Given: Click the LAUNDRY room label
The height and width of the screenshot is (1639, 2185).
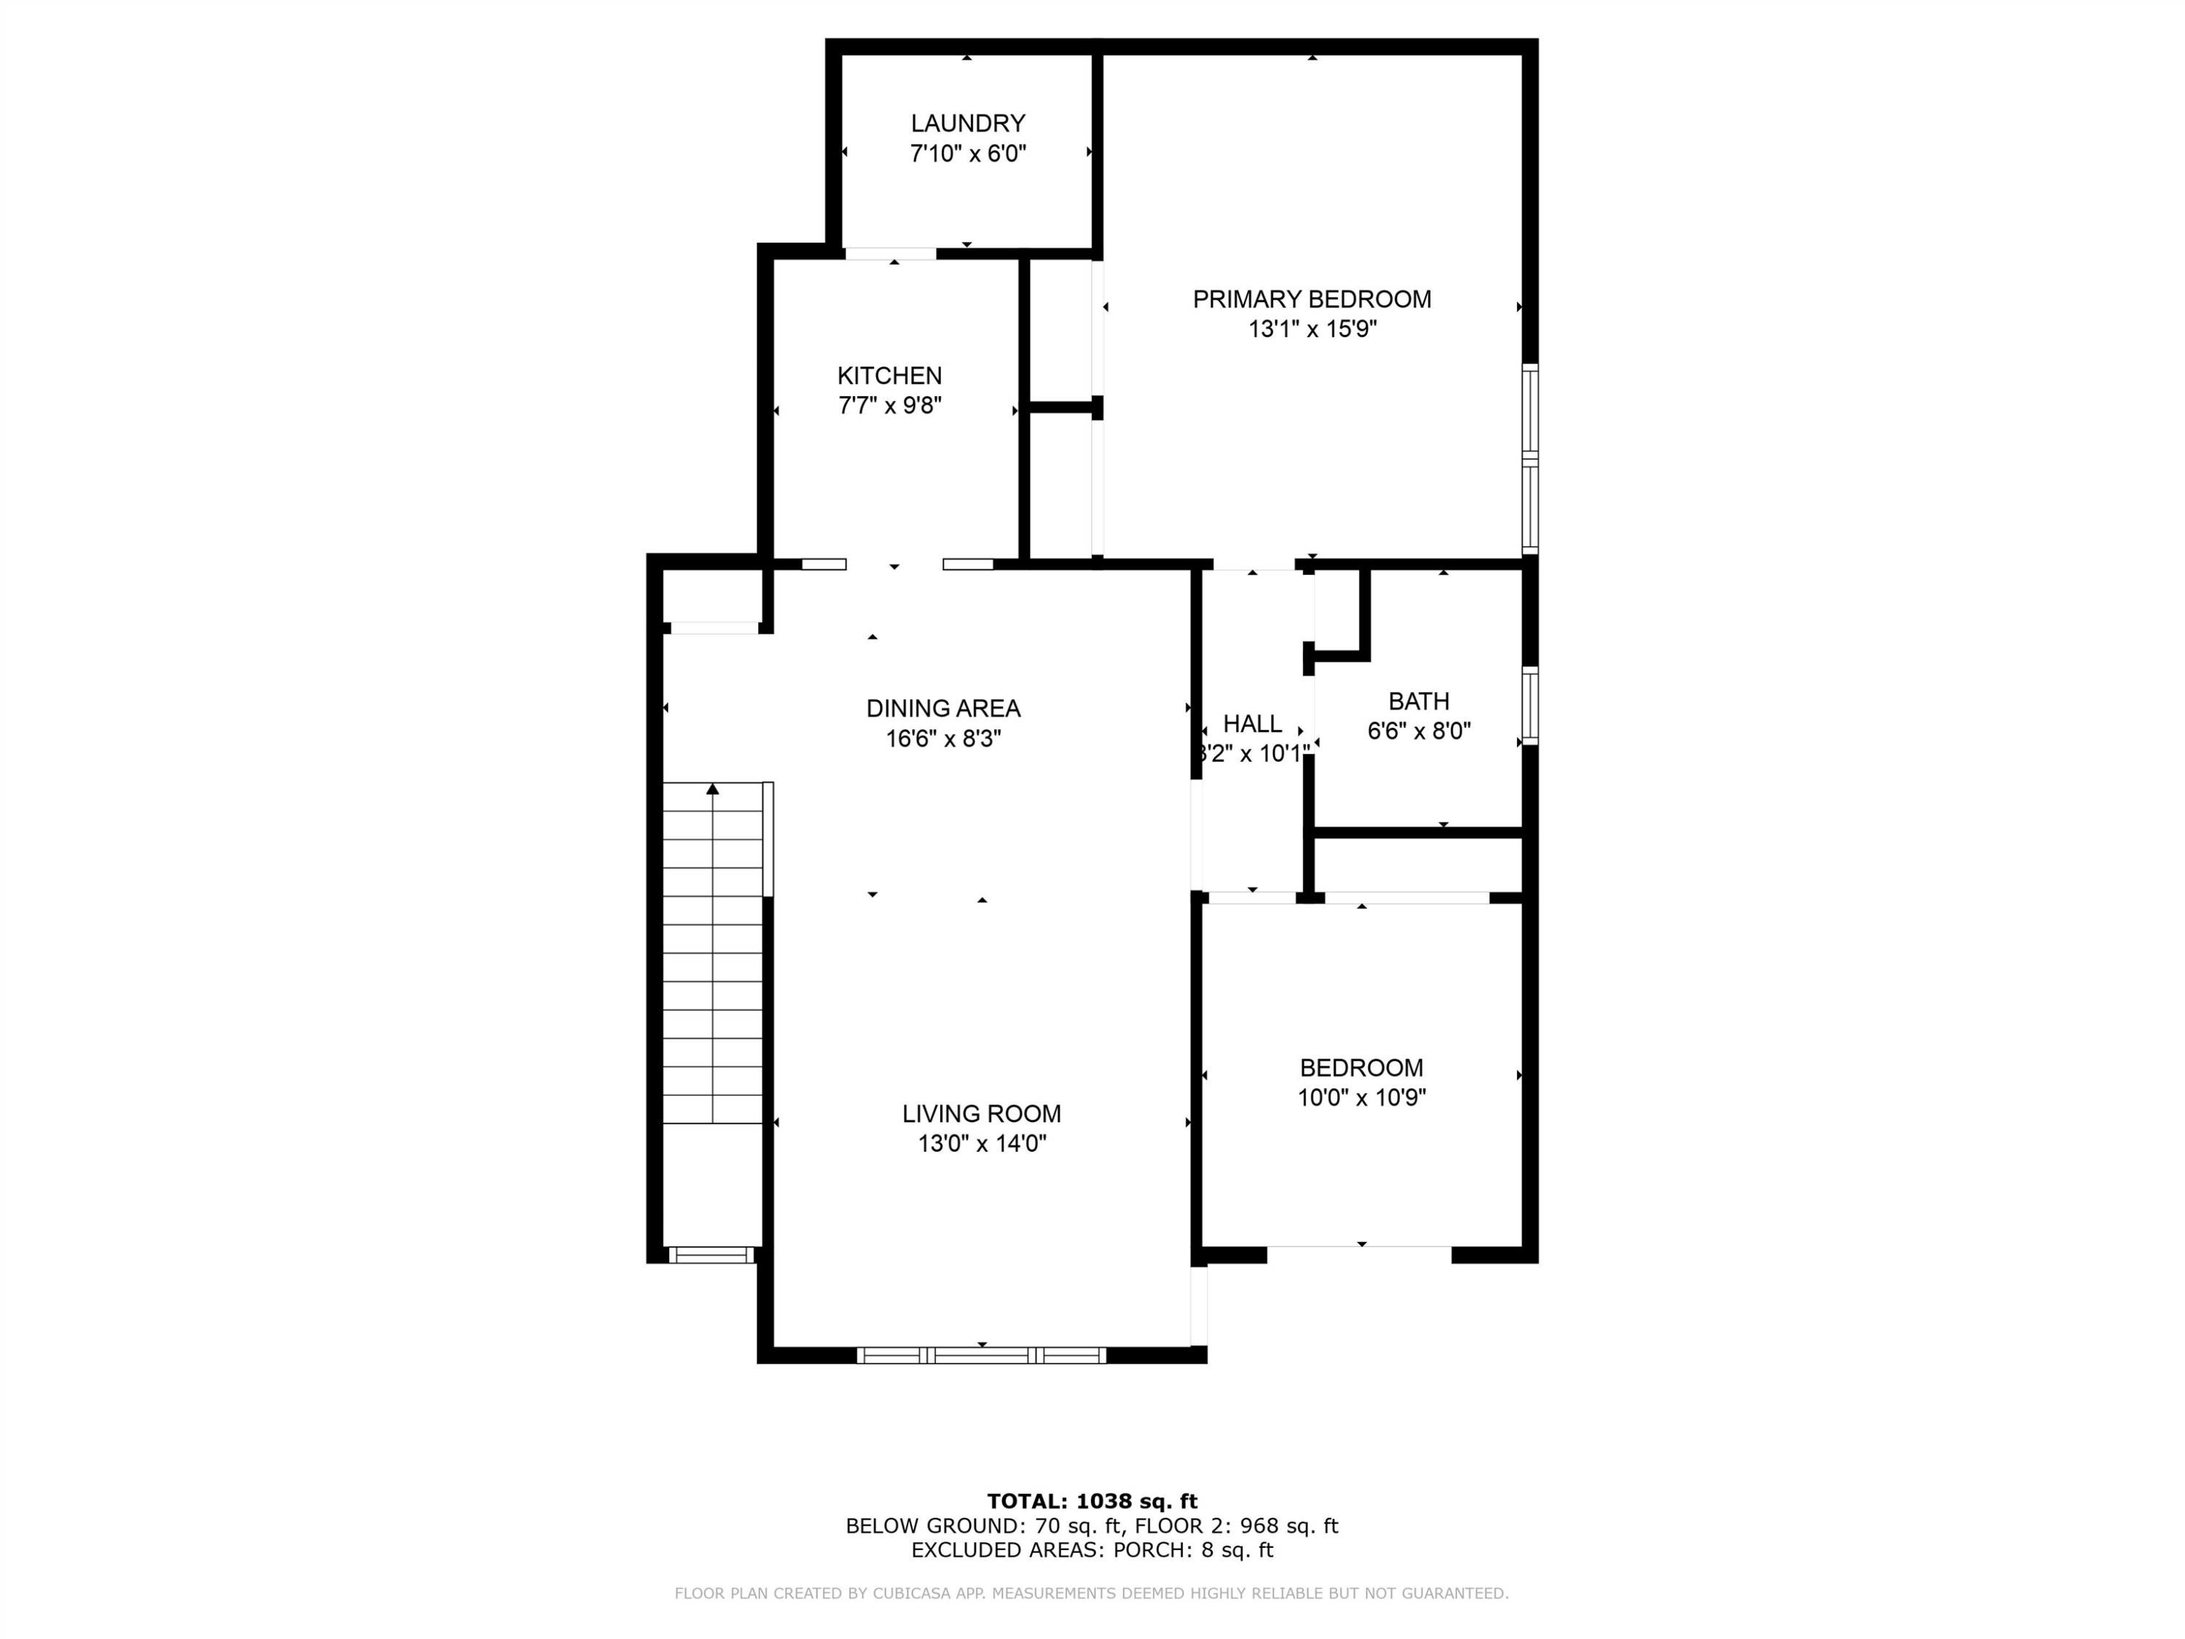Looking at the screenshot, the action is coord(967,124).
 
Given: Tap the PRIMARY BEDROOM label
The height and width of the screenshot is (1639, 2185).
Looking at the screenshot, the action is coord(1312,299).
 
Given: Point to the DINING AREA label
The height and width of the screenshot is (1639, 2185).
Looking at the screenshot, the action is coord(943,708).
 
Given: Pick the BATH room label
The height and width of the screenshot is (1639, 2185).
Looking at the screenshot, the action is coord(1419,701).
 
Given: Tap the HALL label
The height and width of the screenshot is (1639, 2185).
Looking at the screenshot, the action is coord(1253,723).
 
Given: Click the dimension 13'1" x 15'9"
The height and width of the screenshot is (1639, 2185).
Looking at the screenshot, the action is coord(1312,329).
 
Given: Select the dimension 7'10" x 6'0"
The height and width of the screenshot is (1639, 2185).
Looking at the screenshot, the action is coord(967,153).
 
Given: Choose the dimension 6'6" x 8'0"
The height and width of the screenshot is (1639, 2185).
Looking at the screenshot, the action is coord(1419,731).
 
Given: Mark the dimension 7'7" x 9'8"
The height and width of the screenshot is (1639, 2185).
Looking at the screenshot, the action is coord(889,405).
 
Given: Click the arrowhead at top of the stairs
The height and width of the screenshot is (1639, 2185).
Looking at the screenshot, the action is coord(712,788).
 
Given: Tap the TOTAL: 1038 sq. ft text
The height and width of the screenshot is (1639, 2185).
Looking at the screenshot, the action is coord(1092,1501).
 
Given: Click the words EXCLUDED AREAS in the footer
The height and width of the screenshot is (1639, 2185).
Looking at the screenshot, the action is coord(1007,1549).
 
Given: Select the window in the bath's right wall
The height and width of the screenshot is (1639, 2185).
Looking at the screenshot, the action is coord(1530,705).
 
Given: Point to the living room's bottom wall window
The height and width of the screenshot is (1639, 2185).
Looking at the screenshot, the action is coord(981,1356).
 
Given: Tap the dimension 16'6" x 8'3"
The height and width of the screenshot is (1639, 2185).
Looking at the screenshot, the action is coord(943,739).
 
